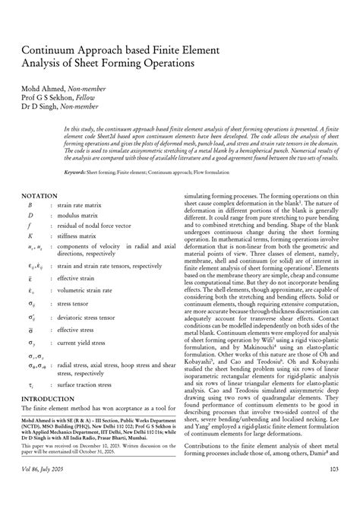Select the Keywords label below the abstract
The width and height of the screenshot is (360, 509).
point(74,174)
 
